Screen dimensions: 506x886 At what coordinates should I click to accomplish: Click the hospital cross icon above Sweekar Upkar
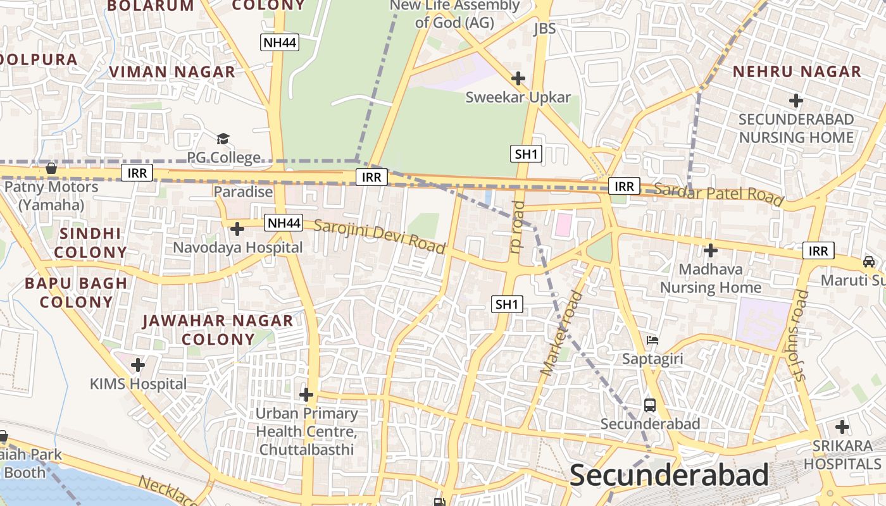pyautogui.click(x=518, y=78)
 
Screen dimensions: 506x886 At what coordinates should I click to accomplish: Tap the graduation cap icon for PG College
pyautogui.click(x=223, y=139)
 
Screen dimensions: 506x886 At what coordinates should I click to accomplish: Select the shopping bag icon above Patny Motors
pyautogui.click(x=51, y=168)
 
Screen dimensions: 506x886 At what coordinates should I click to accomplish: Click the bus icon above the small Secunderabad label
pyautogui.click(x=649, y=405)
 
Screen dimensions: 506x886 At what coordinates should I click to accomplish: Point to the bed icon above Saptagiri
pyautogui.click(x=652, y=340)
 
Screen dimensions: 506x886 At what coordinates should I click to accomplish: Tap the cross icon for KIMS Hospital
pyautogui.click(x=137, y=365)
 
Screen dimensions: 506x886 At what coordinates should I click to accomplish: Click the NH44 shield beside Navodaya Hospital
pyautogui.click(x=283, y=223)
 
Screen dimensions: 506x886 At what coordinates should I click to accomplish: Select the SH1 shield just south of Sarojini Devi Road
pyautogui.click(x=507, y=304)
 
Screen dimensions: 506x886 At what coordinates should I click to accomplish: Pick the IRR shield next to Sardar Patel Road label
pyautogui.click(x=624, y=186)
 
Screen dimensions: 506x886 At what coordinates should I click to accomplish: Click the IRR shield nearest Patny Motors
pyautogui.click(x=137, y=173)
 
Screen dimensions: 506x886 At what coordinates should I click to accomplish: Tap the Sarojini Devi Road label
pyautogui.click(x=380, y=238)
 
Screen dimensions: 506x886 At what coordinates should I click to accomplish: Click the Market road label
pyautogui.click(x=561, y=333)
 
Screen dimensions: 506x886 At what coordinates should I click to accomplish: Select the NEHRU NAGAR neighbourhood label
pyautogui.click(x=797, y=71)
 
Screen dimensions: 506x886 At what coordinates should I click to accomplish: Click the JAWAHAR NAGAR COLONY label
pyautogui.click(x=218, y=330)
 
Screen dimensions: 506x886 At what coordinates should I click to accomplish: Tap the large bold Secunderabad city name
pyautogui.click(x=669, y=474)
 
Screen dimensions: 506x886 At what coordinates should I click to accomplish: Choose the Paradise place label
pyautogui.click(x=243, y=192)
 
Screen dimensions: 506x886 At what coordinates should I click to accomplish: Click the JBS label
pyautogui.click(x=544, y=28)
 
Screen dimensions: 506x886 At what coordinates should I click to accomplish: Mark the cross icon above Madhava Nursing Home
pyautogui.click(x=711, y=250)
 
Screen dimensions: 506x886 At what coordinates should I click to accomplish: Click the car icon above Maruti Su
pyautogui.click(x=869, y=261)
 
